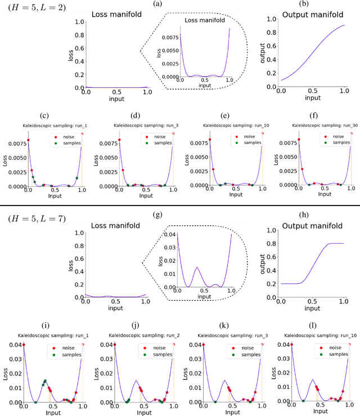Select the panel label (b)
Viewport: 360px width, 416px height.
(303, 5)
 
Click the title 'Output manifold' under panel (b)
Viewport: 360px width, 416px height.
(303, 15)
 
